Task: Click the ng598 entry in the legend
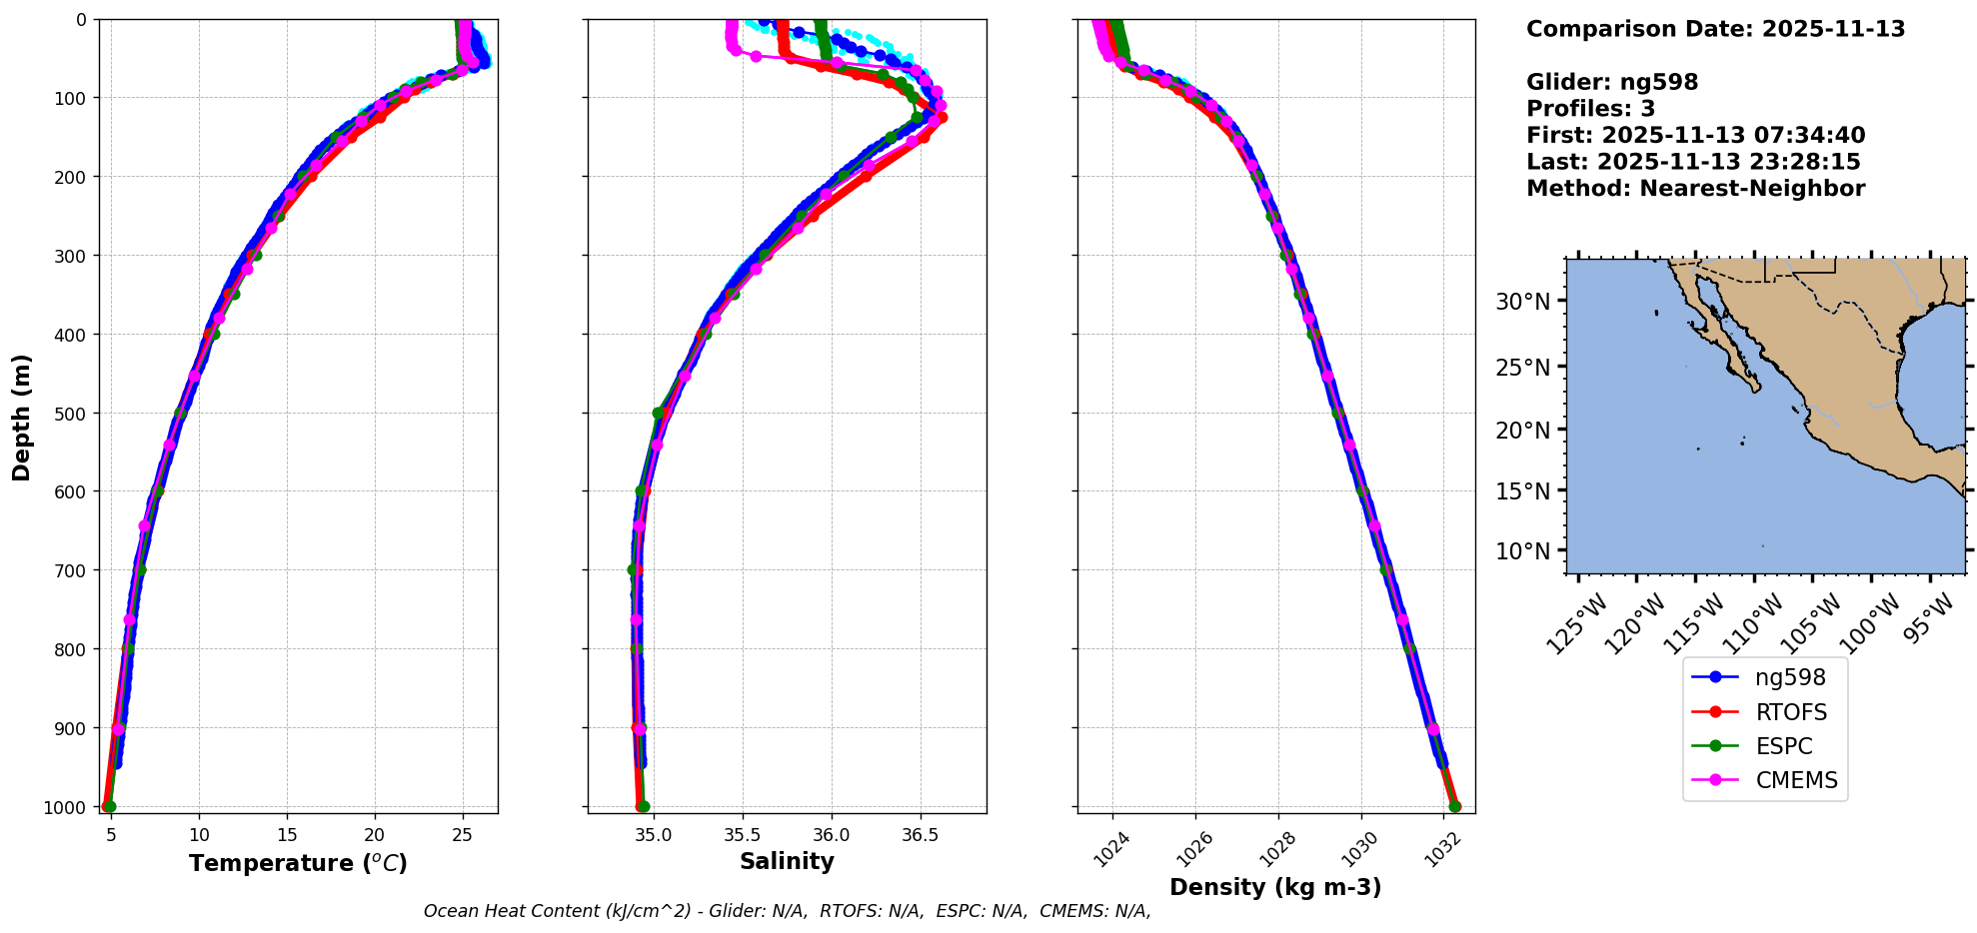pos(1789,677)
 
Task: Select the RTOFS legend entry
pos(1790,712)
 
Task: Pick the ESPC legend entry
pos(1783,746)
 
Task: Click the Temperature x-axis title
pos(298,863)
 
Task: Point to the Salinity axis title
pos(787,861)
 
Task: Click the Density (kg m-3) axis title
pos(1275,887)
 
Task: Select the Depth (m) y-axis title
pos(22,417)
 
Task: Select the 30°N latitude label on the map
pos(1523,302)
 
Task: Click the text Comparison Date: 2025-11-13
pos(1715,29)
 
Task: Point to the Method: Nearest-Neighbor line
pos(1695,189)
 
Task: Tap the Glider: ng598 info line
pos(1612,82)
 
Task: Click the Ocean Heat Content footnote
pos(787,911)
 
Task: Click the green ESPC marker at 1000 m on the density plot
pos(1454,806)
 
